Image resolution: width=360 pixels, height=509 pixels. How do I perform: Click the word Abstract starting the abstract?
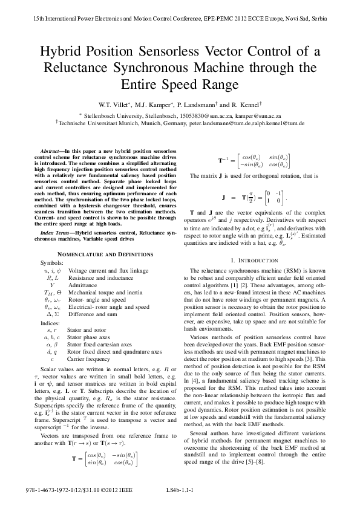[x=51, y=149]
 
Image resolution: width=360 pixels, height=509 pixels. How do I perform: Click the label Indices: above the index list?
[x=50, y=323]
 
